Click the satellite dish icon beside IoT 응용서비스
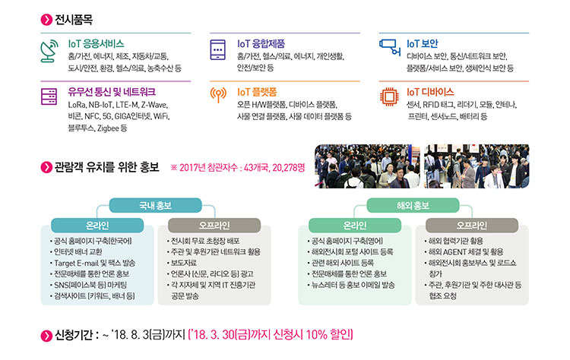[49, 51]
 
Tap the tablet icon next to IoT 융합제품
[218, 50]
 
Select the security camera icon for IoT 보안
[390, 47]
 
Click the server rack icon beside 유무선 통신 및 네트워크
[49, 96]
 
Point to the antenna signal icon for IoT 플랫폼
[218, 94]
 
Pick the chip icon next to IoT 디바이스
[389, 96]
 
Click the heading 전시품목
[74, 19]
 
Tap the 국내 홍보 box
[155, 205]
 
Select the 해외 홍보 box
[413, 205]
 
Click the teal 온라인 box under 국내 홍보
[97, 226]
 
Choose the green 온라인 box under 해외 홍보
[355, 226]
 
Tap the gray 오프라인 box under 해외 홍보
[472, 226]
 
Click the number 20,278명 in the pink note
[289, 167]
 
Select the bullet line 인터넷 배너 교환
[76, 251]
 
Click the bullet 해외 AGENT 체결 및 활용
[464, 251]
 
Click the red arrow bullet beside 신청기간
[46, 336]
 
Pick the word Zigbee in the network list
[108, 128]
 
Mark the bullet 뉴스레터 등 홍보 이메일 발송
[351, 285]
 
